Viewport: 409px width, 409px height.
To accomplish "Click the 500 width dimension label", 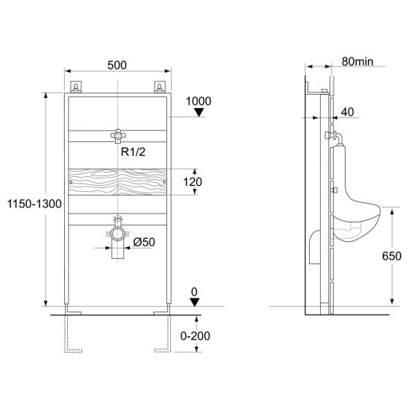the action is (x=117, y=65).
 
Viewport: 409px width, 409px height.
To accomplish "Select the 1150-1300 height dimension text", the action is (x=34, y=204).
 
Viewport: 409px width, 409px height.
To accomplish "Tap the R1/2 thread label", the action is (x=133, y=152).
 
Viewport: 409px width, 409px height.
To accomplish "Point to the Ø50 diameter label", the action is (x=144, y=242).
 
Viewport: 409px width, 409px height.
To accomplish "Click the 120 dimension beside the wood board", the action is (x=193, y=182).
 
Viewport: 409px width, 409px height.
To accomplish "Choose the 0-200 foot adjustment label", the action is (x=195, y=336).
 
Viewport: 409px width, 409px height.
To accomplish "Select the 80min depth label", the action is (x=358, y=61).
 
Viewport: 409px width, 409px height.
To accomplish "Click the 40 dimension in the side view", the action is (x=348, y=112).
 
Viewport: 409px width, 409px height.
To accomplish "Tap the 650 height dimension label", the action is (x=392, y=256).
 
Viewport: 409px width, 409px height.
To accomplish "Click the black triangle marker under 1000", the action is (x=199, y=113).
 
